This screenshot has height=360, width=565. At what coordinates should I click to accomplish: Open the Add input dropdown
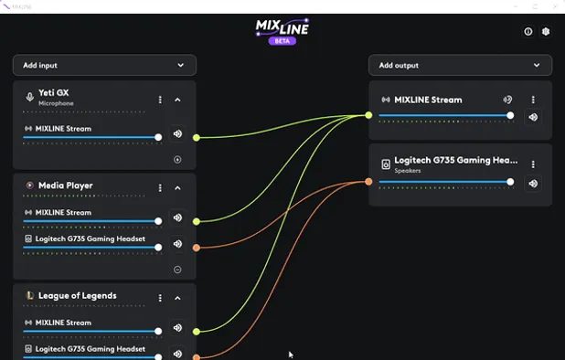pyautogui.click(x=104, y=66)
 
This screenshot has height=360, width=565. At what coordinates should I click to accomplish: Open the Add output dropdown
pyautogui.click(x=460, y=66)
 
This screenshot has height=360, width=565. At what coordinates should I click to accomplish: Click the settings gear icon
pyautogui.click(x=546, y=31)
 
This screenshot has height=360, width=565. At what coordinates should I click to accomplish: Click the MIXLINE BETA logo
pyautogui.click(x=282, y=31)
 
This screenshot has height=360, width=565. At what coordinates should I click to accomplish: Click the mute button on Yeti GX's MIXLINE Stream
pyautogui.click(x=177, y=134)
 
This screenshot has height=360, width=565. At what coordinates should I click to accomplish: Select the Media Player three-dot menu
pyautogui.click(x=160, y=187)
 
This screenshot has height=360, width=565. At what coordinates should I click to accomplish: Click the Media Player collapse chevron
pyautogui.click(x=177, y=187)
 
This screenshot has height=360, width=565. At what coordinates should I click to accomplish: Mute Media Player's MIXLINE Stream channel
pyautogui.click(x=177, y=218)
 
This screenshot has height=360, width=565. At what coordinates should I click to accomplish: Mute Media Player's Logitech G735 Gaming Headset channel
pyautogui.click(x=177, y=245)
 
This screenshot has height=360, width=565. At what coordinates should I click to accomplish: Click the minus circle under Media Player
pyautogui.click(x=177, y=270)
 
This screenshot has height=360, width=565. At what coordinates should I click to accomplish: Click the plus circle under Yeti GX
pyautogui.click(x=177, y=159)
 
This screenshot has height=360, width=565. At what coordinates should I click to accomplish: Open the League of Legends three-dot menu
pyautogui.click(x=160, y=298)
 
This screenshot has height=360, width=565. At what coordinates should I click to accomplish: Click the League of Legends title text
pyautogui.click(x=77, y=296)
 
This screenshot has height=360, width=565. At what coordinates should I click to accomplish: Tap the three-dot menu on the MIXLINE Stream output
pyautogui.click(x=533, y=100)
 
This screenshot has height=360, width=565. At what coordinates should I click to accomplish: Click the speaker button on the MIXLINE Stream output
pyautogui.click(x=533, y=117)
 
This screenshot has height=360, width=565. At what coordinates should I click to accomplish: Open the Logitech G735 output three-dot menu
pyautogui.click(x=533, y=164)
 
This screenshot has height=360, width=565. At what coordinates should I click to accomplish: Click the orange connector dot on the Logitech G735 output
pyautogui.click(x=368, y=182)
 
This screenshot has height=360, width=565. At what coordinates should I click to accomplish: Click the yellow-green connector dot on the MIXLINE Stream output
pyautogui.click(x=368, y=115)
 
